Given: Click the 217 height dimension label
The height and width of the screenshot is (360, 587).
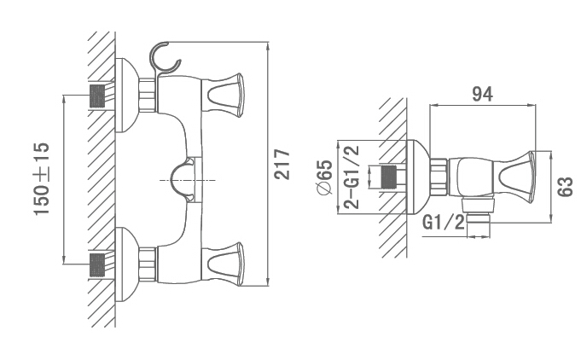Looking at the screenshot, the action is [x=282, y=165].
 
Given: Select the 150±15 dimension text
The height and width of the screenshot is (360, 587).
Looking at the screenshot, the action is [x=42, y=179].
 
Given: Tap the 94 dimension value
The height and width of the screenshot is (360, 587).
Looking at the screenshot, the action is [x=482, y=94].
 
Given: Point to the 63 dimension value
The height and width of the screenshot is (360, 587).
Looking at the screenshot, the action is [x=565, y=187].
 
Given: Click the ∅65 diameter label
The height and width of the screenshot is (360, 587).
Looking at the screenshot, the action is [x=324, y=177].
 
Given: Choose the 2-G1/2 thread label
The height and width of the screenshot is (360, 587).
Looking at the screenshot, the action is [x=352, y=177].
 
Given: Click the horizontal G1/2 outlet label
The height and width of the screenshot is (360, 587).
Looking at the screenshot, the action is [x=444, y=223].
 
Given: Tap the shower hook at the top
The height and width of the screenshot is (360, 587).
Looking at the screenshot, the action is [x=164, y=59].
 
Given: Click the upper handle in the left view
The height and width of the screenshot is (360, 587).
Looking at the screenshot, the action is [x=223, y=95].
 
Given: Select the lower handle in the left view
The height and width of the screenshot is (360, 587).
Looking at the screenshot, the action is [x=223, y=264].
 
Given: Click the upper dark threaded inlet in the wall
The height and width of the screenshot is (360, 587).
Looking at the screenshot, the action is [x=97, y=96].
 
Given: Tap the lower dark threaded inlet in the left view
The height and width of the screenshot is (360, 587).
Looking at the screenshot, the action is [x=97, y=265].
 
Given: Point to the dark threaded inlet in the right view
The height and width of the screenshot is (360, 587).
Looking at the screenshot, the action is [x=388, y=177].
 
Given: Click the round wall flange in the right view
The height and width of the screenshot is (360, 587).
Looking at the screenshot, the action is [x=418, y=177].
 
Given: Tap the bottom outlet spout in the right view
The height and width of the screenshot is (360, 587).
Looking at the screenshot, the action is [x=479, y=218].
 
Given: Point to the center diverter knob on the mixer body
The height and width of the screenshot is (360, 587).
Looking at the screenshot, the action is [x=183, y=180].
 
